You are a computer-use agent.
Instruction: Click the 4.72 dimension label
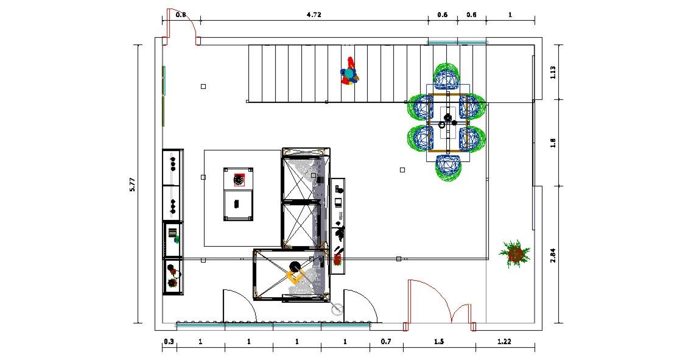314,15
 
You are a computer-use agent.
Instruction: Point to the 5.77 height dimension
132,184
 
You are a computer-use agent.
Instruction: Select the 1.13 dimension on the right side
553,72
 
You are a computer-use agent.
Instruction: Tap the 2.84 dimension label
553,255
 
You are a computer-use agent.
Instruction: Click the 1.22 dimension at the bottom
504,342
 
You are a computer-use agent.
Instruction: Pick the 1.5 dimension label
439,342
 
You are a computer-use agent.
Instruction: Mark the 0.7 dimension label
386,342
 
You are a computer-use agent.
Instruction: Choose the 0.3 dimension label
169,342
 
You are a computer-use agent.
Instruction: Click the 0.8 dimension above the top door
181,15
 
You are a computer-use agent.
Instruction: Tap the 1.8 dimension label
553,143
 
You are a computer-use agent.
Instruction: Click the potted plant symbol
514,253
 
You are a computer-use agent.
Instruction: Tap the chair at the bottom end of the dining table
449,168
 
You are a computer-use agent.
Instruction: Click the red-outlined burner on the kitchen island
239,180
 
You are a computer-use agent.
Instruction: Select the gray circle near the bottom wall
337,309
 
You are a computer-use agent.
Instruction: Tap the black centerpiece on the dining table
447,118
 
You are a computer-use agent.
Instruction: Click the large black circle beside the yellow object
295,266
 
